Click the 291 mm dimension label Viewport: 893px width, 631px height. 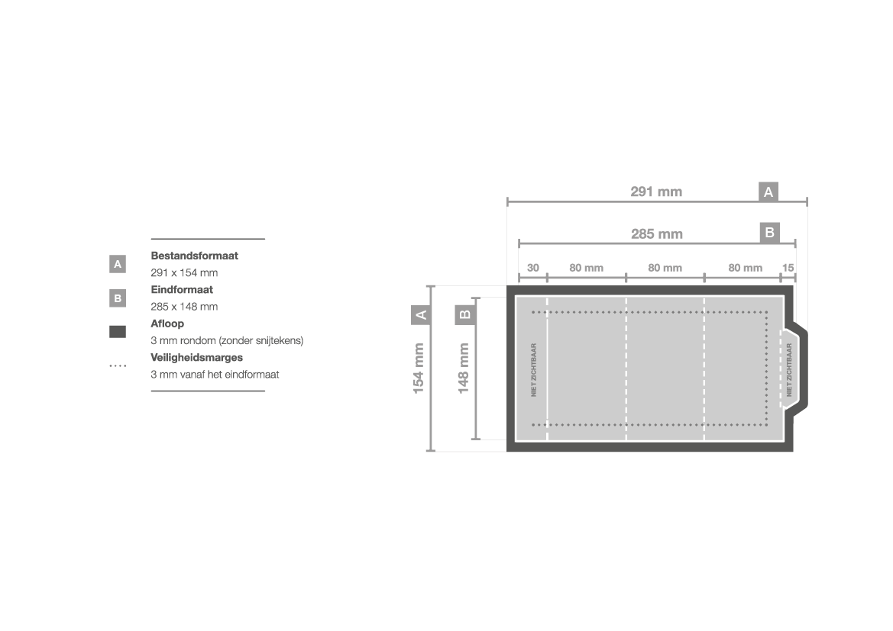point(656,192)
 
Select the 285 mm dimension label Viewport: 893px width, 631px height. point(657,233)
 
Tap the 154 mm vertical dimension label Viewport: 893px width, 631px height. point(419,368)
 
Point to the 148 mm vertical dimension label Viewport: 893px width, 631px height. point(464,368)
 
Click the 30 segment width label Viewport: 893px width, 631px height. point(533,268)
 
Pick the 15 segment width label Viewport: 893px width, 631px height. point(788,268)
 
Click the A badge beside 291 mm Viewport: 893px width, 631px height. point(768,192)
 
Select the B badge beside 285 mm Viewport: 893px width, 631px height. point(769,233)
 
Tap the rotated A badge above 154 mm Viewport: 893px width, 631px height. point(421,314)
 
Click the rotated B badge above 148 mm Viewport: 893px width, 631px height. point(464,314)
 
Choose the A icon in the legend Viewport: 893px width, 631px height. point(118,264)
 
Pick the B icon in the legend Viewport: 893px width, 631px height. point(118,298)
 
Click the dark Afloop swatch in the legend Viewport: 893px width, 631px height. point(118,332)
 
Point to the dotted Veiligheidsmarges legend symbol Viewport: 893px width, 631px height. point(118,365)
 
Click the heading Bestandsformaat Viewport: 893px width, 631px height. point(194,256)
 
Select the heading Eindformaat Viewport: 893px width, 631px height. point(182,290)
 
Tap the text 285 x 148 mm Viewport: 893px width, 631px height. point(184,307)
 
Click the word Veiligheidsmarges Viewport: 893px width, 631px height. point(196,358)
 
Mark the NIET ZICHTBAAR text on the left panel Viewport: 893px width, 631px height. point(534,370)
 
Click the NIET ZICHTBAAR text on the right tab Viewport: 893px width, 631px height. point(789,370)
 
